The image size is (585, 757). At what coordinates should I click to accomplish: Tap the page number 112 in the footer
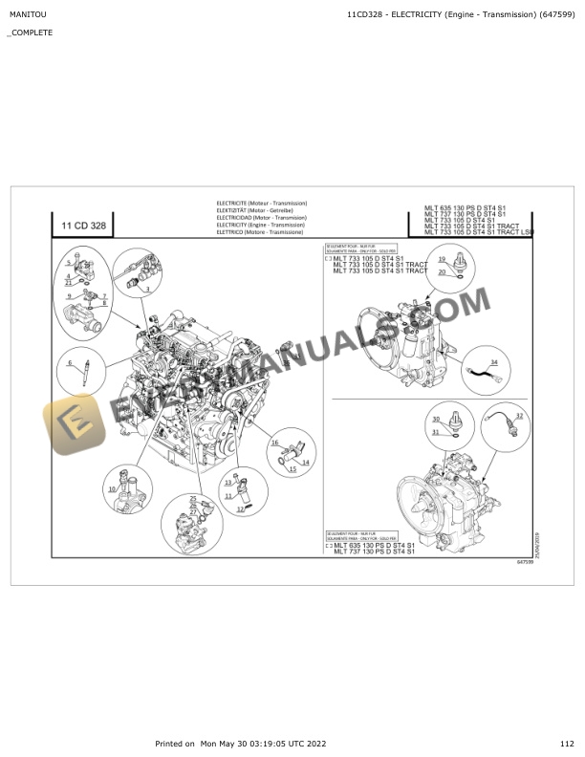[567, 743]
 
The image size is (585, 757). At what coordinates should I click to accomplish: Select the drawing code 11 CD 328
[83, 227]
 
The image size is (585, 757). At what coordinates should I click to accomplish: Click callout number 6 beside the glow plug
[69, 363]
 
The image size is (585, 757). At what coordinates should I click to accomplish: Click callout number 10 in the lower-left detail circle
[113, 488]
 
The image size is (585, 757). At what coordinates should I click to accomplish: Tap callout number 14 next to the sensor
[306, 463]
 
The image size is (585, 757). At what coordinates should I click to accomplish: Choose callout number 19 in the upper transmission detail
[443, 259]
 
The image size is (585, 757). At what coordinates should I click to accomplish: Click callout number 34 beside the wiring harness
[494, 362]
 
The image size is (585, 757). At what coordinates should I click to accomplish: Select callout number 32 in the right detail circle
[519, 416]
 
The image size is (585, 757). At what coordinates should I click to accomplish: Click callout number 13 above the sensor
[228, 483]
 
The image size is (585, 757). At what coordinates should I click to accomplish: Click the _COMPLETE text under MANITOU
[30, 33]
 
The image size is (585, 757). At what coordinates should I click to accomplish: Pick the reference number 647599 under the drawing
[525, 563]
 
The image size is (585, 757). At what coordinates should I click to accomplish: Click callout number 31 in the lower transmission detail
[435, 432]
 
